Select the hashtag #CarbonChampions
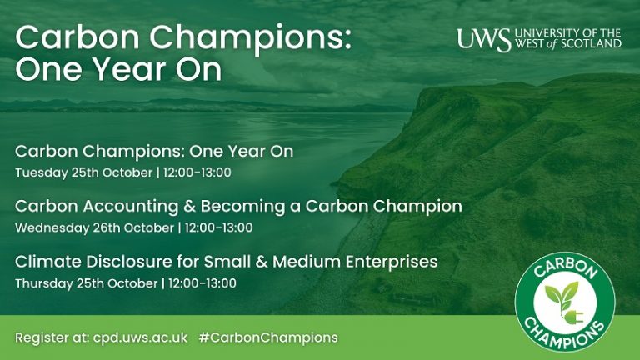tap(268, 337)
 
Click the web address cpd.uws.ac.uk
tap(142, 337)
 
